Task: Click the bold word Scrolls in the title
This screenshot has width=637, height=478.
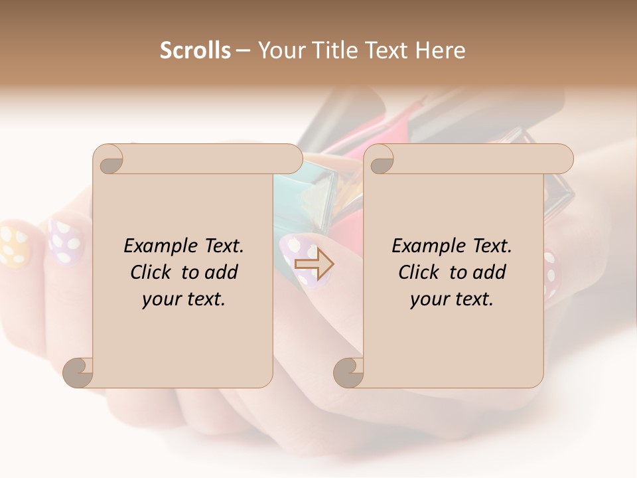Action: pyautogui.click(x=195, y=50)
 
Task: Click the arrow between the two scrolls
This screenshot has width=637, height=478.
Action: pyautogui.click(x=314, y=264)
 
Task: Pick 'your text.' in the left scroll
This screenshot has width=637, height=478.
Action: pyautogui.click(x=184, y=299)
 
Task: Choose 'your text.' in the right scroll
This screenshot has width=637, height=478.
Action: pyautogui.click(x=452, y=299)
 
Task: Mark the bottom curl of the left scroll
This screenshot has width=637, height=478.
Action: pyautogui.click(x=78, y=372)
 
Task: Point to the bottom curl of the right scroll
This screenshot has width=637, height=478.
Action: pyautogui.click(x=348, y=372)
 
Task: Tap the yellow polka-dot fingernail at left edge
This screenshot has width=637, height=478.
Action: pyautogui.click(x=13, y=246)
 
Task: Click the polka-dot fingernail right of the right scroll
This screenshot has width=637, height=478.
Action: pyautogui.click(x=551, y=272)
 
